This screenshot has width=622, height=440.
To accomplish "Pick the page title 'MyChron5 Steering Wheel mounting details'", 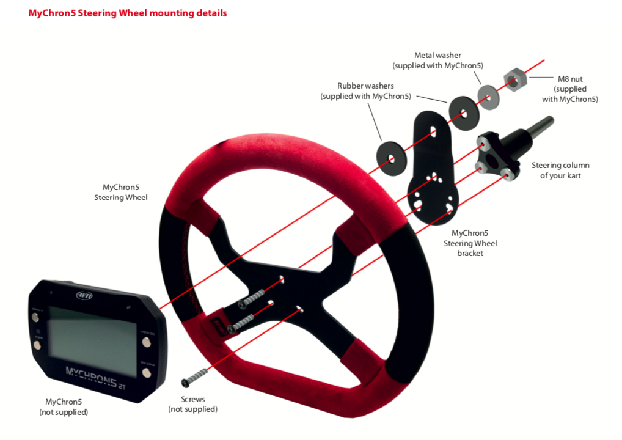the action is (x=128, y=13).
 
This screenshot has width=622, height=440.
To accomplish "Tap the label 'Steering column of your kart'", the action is (x=560, y=170).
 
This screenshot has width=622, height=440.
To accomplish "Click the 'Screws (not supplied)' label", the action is (x=192, y=404).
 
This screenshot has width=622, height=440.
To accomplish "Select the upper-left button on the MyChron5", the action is (x=35, y=318).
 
